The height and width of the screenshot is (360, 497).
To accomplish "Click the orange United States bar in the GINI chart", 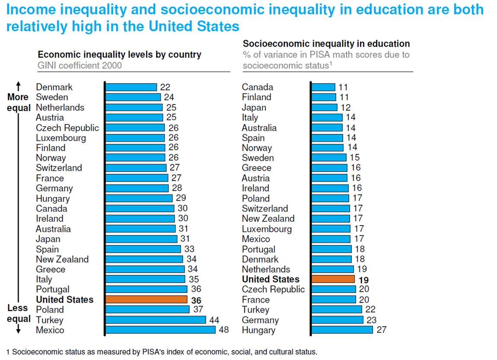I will (x=147, y=299).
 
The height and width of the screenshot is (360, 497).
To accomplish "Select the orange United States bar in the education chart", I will (x=333, y=279).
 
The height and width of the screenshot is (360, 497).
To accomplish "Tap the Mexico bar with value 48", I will (x=160, y=330).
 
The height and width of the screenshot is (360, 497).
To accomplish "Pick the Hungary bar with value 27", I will (x=342, y=330).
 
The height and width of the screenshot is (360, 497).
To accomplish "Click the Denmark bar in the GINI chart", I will (x=131, y=87).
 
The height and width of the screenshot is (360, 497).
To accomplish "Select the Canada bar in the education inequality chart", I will (x=323, y=87).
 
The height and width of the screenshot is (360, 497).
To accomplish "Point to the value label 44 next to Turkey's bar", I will (x=214, y=320).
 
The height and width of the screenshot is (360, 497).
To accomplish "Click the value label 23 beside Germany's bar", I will (x=370, y=320).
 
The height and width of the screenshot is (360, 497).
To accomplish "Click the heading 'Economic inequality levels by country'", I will (x=119, y=55).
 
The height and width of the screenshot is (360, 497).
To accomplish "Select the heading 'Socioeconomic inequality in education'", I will (x=326, y=44).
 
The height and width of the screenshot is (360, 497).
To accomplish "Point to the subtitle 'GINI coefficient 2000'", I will (x=80, y=66).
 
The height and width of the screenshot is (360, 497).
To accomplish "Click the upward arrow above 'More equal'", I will (x=18, y=84).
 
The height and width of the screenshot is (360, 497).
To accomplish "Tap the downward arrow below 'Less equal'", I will (x=18, y=329).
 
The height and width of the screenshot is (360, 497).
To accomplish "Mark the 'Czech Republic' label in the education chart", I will (x=273, y=290).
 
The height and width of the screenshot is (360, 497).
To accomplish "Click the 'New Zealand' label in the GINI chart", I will (x=62, y=259).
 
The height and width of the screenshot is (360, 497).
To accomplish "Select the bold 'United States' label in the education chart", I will (x=271, y=280).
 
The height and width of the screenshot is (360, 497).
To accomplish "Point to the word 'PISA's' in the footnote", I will (x=163, y=352).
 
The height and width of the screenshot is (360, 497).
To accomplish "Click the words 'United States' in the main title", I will (x=194, y=27).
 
